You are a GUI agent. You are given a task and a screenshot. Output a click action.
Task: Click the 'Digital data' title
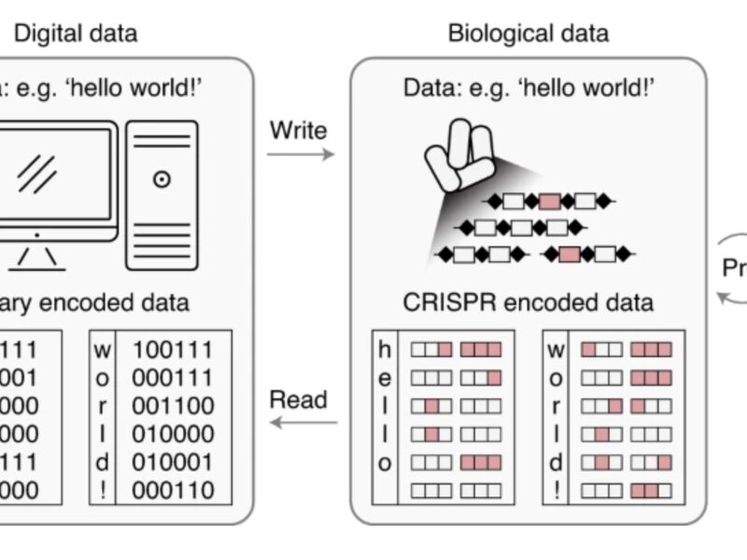click(x=75, y=34)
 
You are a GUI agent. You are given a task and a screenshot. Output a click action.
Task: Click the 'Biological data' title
click(x=528, y=34)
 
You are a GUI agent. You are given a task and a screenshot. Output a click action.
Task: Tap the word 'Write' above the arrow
click(x=298, y=130)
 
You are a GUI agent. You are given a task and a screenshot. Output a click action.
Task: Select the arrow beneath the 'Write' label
click(x=300, y=153)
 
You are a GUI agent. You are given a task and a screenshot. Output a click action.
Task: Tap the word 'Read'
click(x=298, y=399)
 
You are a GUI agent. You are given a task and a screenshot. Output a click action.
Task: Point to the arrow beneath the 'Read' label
click(x=303, y=423)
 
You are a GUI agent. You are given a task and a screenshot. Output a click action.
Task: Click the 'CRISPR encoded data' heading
click(x=528, y=302)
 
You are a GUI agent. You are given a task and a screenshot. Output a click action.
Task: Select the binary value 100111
click(x=173, y=350)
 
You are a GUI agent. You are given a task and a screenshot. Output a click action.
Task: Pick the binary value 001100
click(x=173, y=406)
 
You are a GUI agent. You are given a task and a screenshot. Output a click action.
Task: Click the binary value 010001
click(x=173, y=462)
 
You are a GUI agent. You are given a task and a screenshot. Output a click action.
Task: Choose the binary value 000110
click(x=173, y=490)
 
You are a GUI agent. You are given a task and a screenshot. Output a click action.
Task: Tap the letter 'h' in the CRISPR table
click(x=385, y=350)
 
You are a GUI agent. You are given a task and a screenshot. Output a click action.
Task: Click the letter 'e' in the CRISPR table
click(x=385, y=378)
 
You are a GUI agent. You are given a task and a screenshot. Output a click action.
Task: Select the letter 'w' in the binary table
click(x=103, y=350)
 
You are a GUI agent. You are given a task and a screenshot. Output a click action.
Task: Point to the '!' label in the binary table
click(x=103, y=490)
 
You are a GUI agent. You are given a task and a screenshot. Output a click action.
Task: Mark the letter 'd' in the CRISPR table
click(x=556, y=462)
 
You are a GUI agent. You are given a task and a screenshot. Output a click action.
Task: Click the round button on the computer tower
click(x=162, y=178)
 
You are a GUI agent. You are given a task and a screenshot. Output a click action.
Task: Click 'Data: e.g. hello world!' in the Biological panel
click(x=528, y=88)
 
